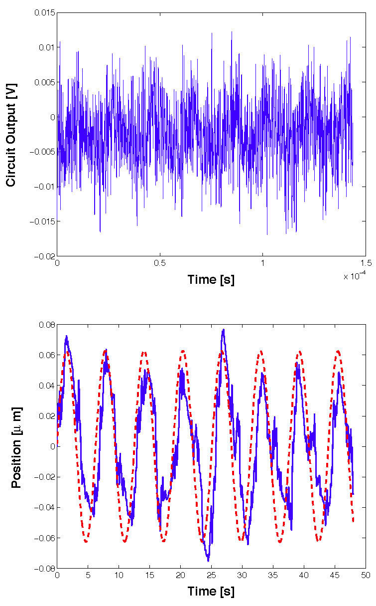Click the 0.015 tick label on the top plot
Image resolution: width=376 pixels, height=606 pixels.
pyautogui.click(x=44, y=12)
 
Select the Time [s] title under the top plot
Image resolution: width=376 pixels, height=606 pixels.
pyautogui.click(x=211, y=279)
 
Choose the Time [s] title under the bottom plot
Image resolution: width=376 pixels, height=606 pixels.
pyautogui.click(x=211, y=592)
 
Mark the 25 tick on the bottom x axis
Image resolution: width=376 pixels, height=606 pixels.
pyautogui.click(x=211, y=576)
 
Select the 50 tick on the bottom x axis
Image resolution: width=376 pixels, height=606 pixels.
pyautogui.click(x=366, y=576)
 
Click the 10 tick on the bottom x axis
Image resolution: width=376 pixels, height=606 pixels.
pyautogui.click(x=119, y=576)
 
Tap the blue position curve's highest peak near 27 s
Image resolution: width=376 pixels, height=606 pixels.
pyautogui.click(x=224, y=329)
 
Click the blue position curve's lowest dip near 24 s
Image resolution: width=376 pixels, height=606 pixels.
pyautogui.click(x=208, y=561)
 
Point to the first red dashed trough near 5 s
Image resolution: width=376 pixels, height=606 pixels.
pyautogui.click(x=86, y=542)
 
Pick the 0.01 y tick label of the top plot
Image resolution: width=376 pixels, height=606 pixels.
pyautogui.click(x=46, y=47)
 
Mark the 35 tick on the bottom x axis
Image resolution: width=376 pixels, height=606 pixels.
pyautogui.click(x=273, y=576)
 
